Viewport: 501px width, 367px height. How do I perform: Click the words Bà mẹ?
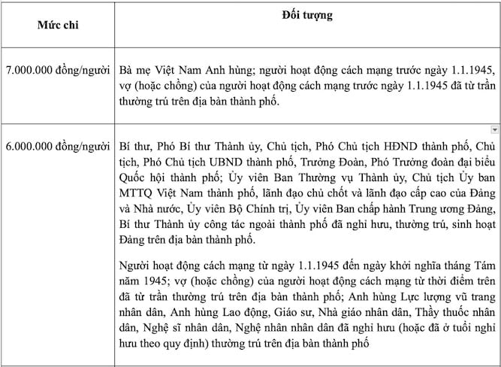pyautogui.click(x=136, y=68)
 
